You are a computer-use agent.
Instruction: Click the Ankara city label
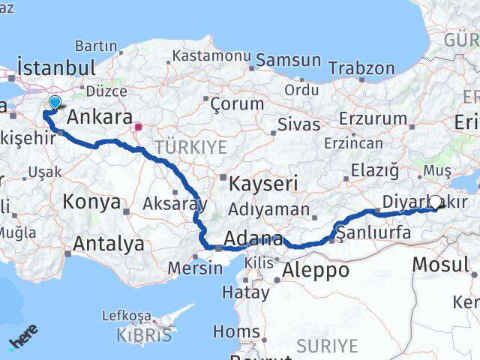[x=100, y=118]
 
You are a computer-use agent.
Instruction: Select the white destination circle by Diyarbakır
[x=436, y=202]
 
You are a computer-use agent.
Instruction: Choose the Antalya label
[x=109, y=243]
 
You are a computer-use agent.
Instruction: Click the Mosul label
[x=440, y=264]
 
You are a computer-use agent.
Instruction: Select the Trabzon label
[x=361, y=68]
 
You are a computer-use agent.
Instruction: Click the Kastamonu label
[x=211, y=55]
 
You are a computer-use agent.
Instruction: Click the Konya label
[x=91, y=201]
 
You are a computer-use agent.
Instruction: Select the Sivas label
[x=298, y=124]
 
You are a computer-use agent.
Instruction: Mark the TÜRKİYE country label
[x=190, y=147]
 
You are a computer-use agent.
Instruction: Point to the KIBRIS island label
[x=144, y=334]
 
